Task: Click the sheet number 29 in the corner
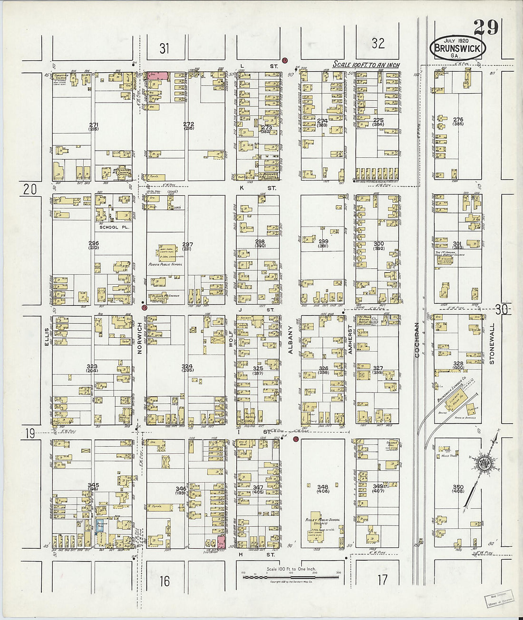pos(486,28)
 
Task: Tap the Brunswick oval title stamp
pos(458,48)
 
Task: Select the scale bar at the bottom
pos(291,577)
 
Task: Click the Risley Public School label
pos(322,520)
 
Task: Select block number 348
pos(322,487)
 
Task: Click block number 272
pos(188,124)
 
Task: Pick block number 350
pos(458,487)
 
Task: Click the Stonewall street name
pos(492,343)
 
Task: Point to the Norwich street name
pos(140,338)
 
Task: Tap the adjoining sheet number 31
pos(164,48)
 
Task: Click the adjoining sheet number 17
pos(382,580)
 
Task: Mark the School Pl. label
pos(112,227)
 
